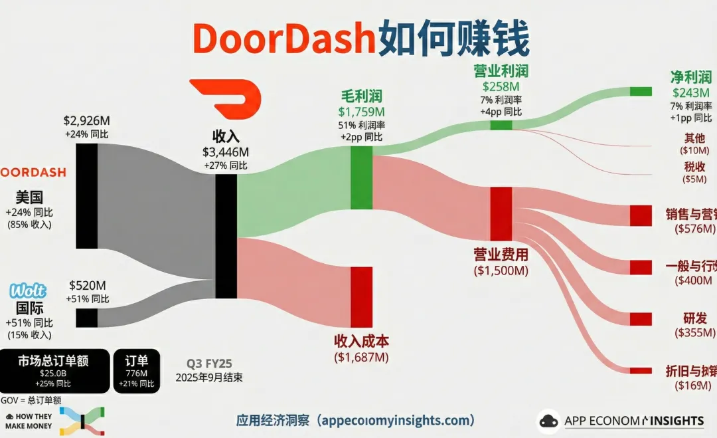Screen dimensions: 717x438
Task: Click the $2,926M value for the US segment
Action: (x=86, y=121)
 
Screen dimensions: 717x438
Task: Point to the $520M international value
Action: (x=88, y=286)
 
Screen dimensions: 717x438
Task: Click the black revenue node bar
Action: (x=226, y=236)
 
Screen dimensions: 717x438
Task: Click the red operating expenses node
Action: (x=501, y=213)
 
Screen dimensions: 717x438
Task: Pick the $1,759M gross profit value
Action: (x=361, y=111)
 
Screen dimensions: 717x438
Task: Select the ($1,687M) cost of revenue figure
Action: (x=361, y=357)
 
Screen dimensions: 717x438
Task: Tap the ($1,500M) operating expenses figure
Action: (x=501, y=271)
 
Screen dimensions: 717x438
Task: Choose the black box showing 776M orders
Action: (x=137, y=370)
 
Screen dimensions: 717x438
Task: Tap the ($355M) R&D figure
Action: (x=694, y=332)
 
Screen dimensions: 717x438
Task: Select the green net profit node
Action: (x=641, y=91)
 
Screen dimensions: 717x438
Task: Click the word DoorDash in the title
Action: (x=283, y=39)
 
